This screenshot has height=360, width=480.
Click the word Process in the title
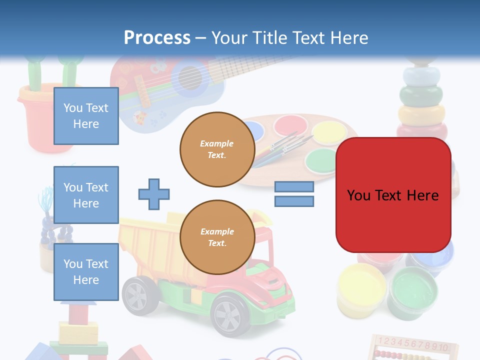point(157,37)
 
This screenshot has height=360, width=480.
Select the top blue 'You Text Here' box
point(86,116)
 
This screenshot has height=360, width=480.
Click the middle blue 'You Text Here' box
point(86,195)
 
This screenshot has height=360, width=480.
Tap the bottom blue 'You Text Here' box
point(86,271)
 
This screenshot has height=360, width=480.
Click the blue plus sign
point(154,194)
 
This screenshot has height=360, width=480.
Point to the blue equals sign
point(294,194)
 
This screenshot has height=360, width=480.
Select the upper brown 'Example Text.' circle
point(217,149)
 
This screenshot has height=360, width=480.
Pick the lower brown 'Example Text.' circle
point(217,237)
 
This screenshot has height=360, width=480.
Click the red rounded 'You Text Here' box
point(393,195)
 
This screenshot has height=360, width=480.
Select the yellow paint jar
point(361,289)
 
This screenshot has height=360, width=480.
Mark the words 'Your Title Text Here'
point(290,37)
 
